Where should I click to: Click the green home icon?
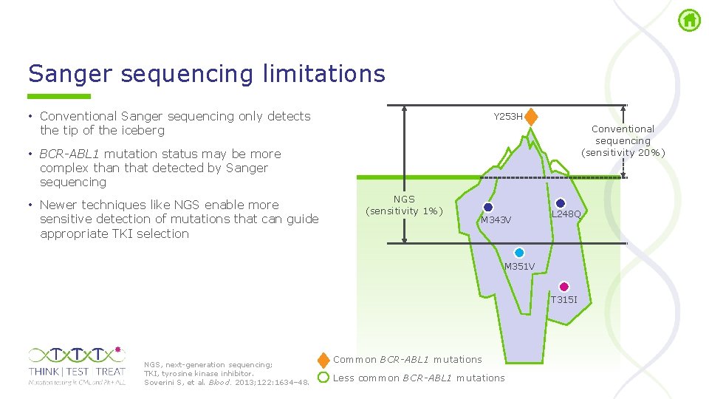tap(689, 20)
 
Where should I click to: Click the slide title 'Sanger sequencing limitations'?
tap(207, 74)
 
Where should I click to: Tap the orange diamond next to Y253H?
tap(531, 117)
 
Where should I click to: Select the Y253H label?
tap(508, 117)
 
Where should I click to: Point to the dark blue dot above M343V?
tap(488, 208)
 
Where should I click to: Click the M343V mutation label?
tap(496, 220)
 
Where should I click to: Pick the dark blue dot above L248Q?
tap(560, 203)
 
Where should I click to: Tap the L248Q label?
tap(566, 214)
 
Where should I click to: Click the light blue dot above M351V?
tap(519, 253)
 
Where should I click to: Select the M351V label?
tap(519, 266)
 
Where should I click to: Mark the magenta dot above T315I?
tap(564, 287)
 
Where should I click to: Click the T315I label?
tap(564, 299)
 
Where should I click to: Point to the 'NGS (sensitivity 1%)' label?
tap(404, 205)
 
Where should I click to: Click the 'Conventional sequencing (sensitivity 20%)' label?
tap(623, 140)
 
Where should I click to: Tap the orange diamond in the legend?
tap(323, 361)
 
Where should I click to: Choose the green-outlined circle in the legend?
tap(323, 378)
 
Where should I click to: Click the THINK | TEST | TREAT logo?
tap(77, 365)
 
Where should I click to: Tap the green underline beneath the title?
tap(59, 96)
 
